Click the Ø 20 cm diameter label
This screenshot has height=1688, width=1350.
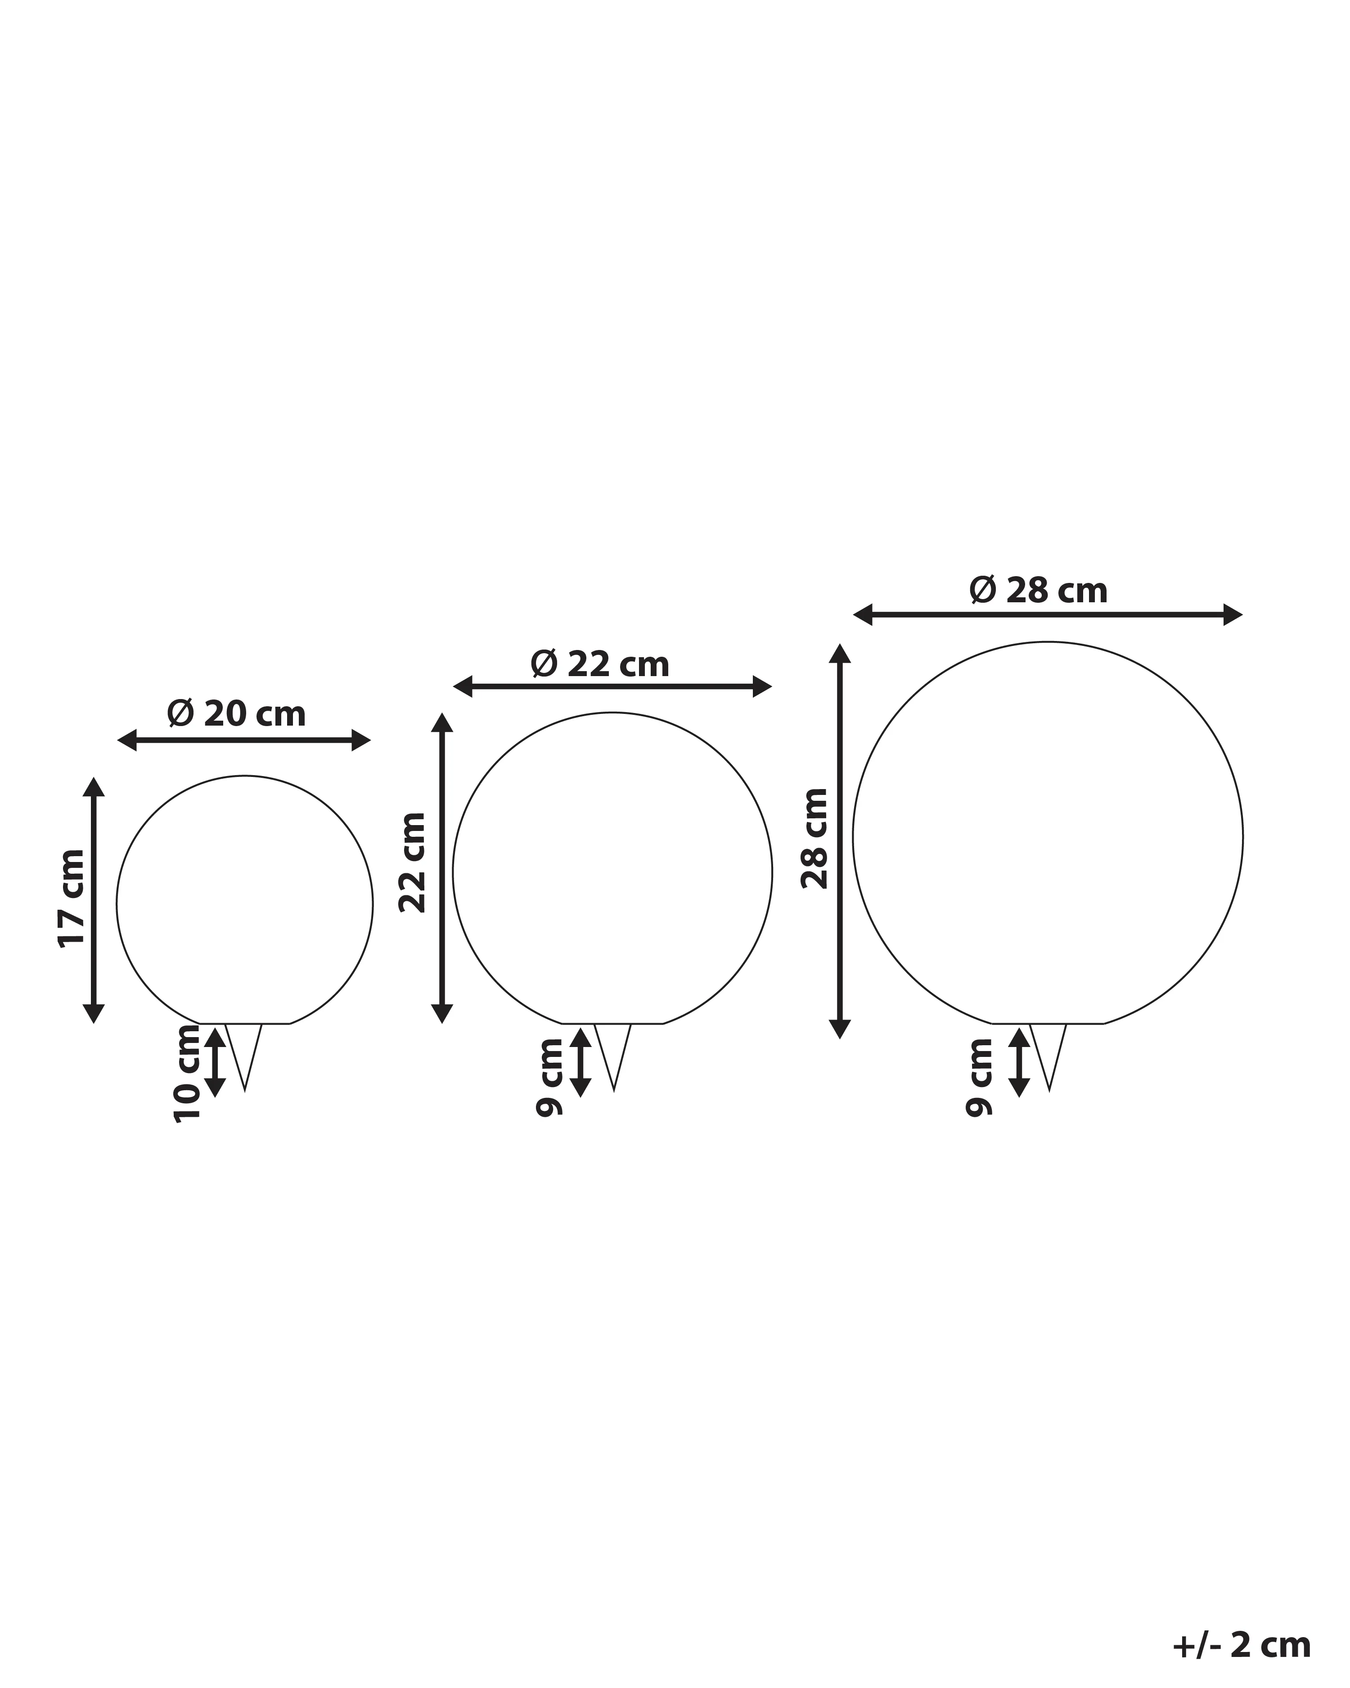[x=236, y=713]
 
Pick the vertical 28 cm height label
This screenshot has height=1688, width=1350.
[x=814, y=839]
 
